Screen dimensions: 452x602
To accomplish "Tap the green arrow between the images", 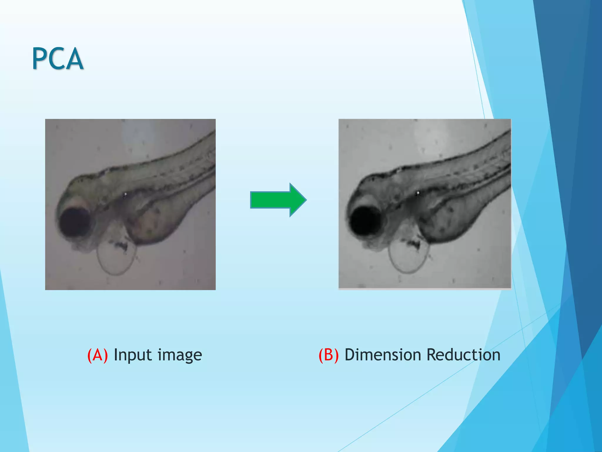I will click(x=277, y=200).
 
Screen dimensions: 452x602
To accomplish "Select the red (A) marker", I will click(x=98, y=355).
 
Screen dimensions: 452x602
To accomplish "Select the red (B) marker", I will click(x=329, y=355).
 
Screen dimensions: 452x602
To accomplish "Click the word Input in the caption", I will click(x=133, y=355).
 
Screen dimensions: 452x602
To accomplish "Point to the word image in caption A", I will click(x=180, y=355).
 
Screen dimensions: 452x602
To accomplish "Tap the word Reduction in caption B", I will click(x=464, y=355).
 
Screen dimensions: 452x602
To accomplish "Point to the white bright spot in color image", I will click(x=126, y=194).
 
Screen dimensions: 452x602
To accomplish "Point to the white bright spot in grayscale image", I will click(x=417, y=193).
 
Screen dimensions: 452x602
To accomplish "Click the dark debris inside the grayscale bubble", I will click(x=413, y=243).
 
